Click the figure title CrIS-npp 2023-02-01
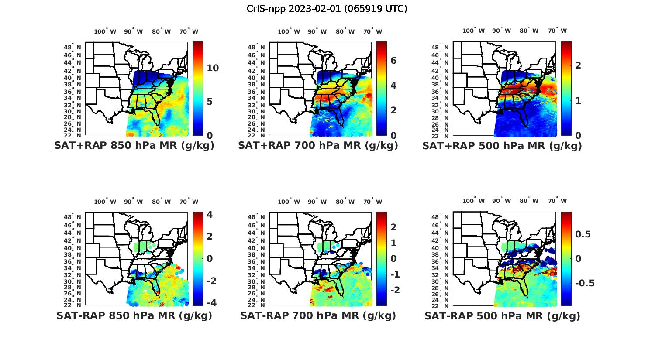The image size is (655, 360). tap(327, 9)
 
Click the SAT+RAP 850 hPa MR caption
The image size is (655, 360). tap(134, 146)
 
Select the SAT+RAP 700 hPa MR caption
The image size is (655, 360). tap(318, 146)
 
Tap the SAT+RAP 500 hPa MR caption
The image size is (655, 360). tap(502, 146)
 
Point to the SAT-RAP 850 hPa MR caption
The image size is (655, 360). tap(134, 315)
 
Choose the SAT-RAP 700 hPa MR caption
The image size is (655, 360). tap(318, 315)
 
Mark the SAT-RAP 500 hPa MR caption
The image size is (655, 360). tap(502, 315)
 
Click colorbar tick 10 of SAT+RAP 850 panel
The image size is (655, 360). tap(213, 68)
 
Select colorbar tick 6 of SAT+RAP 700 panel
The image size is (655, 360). tap(393, 61)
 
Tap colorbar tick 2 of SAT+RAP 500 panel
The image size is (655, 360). tap(578, 65)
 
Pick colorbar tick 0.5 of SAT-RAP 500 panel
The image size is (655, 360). tap(583, 234)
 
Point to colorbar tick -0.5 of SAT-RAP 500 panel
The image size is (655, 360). tap(585, 283)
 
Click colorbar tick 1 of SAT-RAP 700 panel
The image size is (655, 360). tap(393, 243)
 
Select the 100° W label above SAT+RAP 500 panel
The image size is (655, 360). tap(474, 31)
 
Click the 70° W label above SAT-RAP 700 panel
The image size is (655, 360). tap(373, 202)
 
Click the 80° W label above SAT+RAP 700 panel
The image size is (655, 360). tap(345, 31)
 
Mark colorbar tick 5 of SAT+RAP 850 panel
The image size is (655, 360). tap(210, 102)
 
